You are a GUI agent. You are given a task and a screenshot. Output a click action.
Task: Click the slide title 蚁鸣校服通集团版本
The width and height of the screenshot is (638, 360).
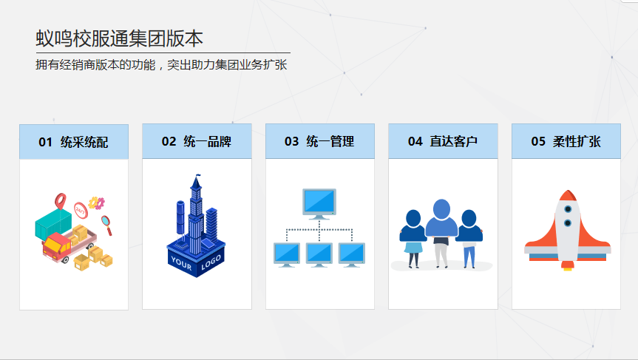point(119,38)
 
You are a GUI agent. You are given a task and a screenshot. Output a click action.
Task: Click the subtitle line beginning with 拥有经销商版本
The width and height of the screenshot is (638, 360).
point(161,65)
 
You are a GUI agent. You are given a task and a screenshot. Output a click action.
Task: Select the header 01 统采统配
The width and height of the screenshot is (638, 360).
point(74,142)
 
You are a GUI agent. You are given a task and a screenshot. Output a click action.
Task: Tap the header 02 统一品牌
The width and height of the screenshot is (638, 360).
point(197,141)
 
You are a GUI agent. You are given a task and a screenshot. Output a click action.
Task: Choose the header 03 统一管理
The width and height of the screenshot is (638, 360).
point(319,141)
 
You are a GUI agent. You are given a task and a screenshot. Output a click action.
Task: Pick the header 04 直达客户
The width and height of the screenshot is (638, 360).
point(443,141)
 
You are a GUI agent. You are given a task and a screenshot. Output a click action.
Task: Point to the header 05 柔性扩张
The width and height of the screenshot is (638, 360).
point(566,141)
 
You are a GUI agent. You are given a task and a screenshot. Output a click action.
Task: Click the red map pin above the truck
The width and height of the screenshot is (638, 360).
point(61,200)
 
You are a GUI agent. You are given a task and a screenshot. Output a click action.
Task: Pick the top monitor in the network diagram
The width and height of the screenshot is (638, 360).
point(319,202)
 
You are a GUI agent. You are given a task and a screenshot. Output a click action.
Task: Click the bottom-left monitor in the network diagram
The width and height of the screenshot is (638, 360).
point(287,254)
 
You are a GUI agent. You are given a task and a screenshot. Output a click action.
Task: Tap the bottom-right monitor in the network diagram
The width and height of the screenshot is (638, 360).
point(352,254)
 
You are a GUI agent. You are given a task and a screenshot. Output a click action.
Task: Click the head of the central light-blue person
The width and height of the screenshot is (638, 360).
point(441,210)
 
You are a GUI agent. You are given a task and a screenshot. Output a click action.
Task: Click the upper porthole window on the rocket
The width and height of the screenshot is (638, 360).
point(567,208)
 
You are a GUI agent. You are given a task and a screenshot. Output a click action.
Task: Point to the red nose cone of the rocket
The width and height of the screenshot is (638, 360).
point(567,195)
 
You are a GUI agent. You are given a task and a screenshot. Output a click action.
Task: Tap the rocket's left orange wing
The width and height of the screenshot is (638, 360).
point(539,240)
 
